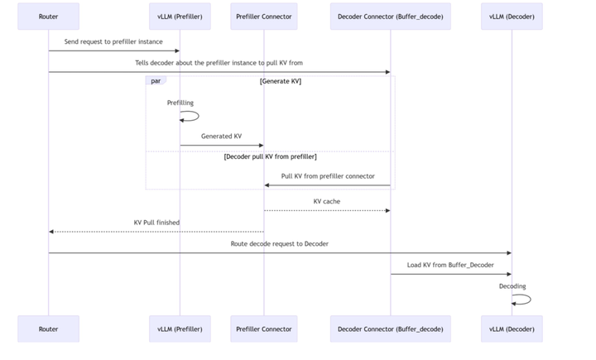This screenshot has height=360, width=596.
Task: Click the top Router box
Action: (x=48, y=17)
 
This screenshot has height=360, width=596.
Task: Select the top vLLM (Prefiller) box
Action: (x=180, y=17)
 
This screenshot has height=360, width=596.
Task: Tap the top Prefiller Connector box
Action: (x=264, y=17)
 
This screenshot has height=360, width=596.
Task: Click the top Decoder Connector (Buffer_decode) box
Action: (x=391, y=17)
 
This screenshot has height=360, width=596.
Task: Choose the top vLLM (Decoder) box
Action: (x=512, y=17)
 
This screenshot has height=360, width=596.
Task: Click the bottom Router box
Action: (x=48, y=329)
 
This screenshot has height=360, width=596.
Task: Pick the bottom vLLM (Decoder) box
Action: (x=512, y=329)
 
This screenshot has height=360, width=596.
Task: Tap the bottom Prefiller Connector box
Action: (x=264, y=329)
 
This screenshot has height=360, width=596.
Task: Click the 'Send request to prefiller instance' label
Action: (x=113, y=42)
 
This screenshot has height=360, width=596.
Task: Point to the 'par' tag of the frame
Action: (x=156, y=80)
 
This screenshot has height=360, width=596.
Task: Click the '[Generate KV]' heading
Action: (x=281, y=81)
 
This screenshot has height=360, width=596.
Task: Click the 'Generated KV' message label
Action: (x=221, y=136)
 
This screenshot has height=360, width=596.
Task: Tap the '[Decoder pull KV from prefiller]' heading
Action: (x=270, y=156)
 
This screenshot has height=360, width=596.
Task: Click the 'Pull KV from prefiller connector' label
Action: (x=328, y=176)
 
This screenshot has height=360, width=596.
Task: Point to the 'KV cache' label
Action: (x=327, y=201)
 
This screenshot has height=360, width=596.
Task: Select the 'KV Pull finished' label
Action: (x=156, y=223)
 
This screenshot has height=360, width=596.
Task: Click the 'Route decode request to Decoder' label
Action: (x=280, y=243)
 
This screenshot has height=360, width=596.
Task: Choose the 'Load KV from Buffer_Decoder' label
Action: (x=450, y=265)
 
